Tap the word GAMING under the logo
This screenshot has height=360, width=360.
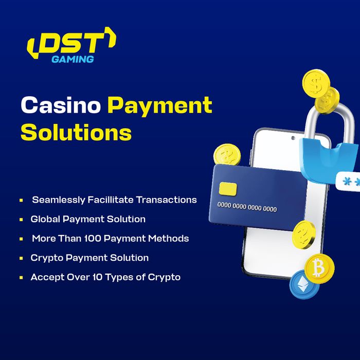tap(73, 59)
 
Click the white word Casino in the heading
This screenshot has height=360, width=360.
tap(61, 104)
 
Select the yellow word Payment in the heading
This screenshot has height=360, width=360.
tap(160, 106)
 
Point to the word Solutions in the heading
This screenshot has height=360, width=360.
tap(76, 132)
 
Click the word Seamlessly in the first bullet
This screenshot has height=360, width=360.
tap(59, 200)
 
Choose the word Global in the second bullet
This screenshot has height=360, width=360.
tap(45, 219)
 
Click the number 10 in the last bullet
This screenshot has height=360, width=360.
tap(97, 277)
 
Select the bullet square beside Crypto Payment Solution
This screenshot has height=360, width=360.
tap(21, 258)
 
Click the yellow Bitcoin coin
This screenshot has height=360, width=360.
tap(319, 268)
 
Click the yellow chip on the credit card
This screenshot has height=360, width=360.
tap(228, 189)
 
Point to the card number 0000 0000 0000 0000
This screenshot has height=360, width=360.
tap(247, 207)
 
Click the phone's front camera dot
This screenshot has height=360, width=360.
tap(293, 138)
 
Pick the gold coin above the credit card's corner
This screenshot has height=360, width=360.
tap(227, 154)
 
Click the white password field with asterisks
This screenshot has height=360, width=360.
tap(348, 182)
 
